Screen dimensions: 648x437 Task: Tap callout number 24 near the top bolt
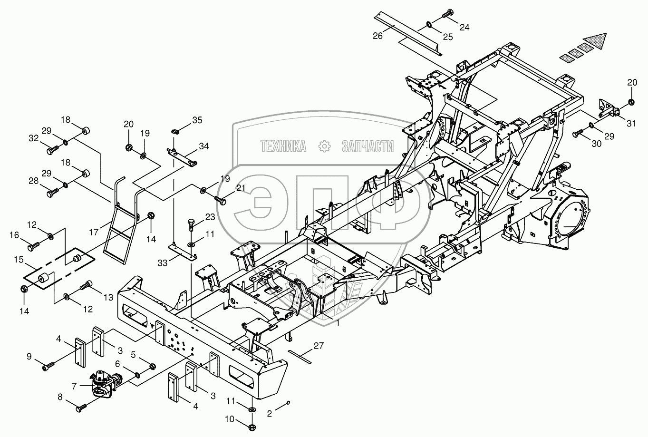(x=464, y=28)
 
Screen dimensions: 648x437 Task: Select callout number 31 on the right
(x=630, y=124)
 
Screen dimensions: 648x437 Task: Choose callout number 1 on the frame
(x=337, y=322)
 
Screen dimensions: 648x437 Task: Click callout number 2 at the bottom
(x=270, y=414)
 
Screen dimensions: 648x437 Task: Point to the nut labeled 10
(x=252, y=421)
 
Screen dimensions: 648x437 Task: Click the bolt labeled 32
(x=52, y=151)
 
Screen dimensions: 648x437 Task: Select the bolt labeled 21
(x=221, y=201)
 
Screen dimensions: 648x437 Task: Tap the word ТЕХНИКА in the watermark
(x=283, y=146)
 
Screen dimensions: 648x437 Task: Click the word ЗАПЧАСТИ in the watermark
(x=368, y=146)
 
